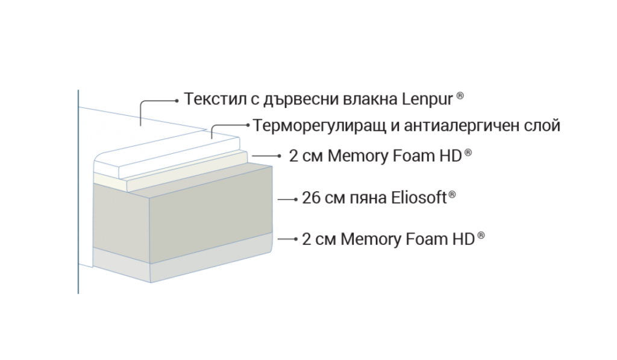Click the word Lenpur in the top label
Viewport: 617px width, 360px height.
pyautogui.click(x=427, y=99)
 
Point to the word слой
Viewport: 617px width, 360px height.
pyautogui.click(x=543, y=125)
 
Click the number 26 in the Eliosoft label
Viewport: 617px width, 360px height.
pyautogui.click(x=312, y=198)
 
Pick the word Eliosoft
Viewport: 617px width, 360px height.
pyautogui.click(x=419, y=197)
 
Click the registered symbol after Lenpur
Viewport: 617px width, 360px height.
pyautogui.click(x=460, y=96)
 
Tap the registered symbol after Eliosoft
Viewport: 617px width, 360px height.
pyautogui.click(x=452, y=195)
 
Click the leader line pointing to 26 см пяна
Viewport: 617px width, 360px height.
pyautogui.click(x=287, y=200)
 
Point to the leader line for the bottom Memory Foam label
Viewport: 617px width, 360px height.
pyautogui.click(x=287, y=239)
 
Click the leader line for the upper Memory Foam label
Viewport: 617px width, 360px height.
pyautogui.click(x=266, y=156)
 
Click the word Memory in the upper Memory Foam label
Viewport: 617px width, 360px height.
pyautogui.click(x=358, y=156)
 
